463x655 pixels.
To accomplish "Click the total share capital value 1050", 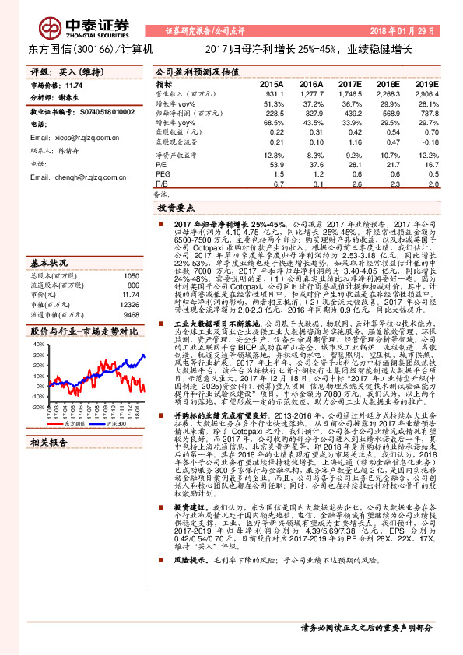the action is click(x=131, y=276).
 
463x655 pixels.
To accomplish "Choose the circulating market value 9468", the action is click(x=130, y=315).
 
